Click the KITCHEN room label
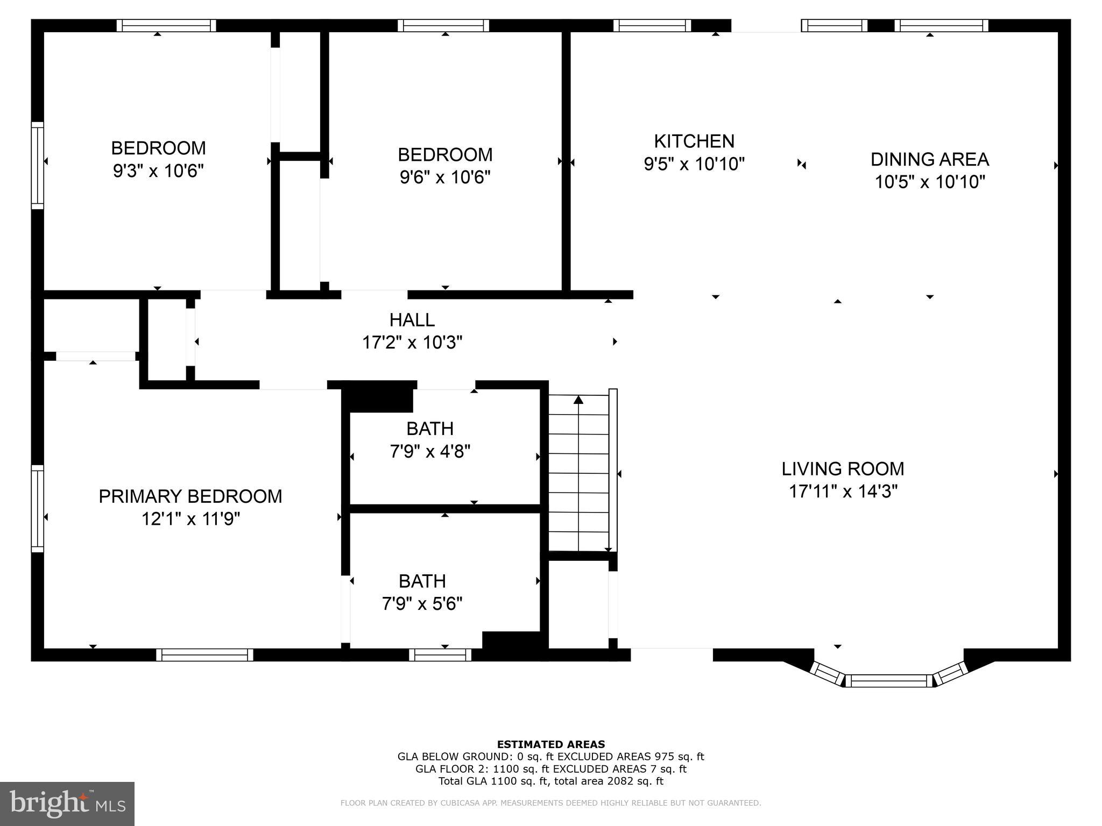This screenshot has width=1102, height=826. (694, 141)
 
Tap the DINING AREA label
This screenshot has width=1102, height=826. (929, 159)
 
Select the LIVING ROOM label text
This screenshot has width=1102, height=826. (843, 469)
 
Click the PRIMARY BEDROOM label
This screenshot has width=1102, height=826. (190, 496)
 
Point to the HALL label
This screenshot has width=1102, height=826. (412, 320)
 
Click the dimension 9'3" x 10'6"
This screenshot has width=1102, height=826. (158, 171)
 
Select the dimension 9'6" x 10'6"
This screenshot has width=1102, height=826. (445, 177)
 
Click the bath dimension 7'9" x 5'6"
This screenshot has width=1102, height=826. (422, 604)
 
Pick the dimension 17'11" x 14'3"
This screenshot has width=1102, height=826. (843, 492)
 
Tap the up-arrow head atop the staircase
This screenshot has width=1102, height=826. (578, 400)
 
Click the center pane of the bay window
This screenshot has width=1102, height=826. (889, 681)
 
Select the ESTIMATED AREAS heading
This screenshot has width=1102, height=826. (550, 744)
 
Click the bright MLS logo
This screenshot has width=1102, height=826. (67, 803)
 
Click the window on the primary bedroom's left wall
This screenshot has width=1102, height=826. (37, 508)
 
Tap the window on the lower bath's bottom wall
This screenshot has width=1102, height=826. (440, 654)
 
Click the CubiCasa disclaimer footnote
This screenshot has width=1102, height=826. (550, 803)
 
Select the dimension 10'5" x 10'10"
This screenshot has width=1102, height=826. (929, 182)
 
